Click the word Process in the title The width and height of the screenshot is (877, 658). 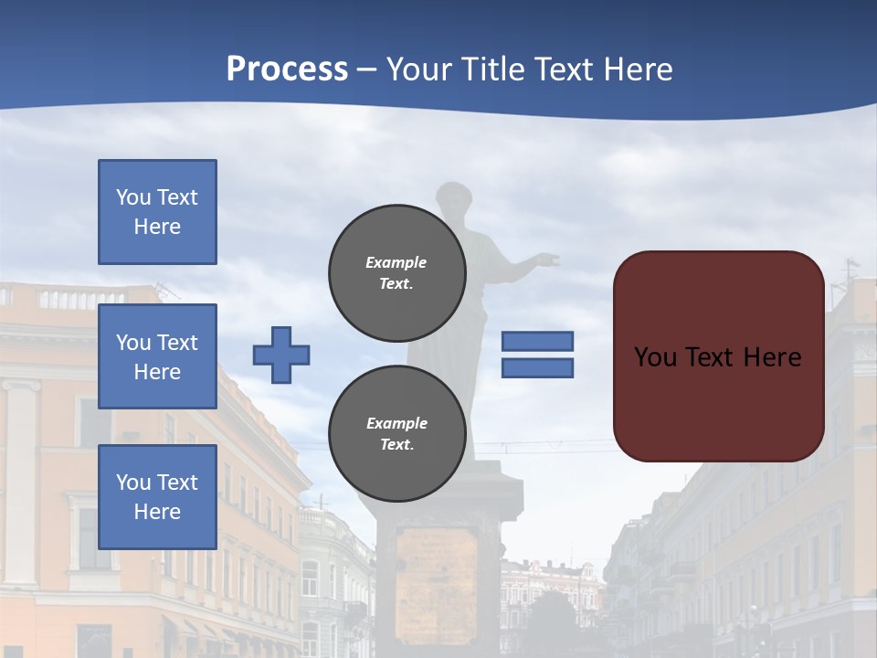pyautogui.click(x=287, y=69)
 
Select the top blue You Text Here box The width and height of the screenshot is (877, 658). pyautogui.click(x=157, y=212)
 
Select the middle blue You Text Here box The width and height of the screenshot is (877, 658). pyautogui.click(x=157, y=356)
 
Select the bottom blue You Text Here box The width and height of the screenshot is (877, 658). pyautogui.click(x=157, y=496)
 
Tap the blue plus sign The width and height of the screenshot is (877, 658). pyautogui.click(x=281, y=355)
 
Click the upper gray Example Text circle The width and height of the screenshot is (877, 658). pyautogui.click(x=396, y=272)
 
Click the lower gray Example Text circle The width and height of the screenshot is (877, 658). pyautogui.click(x=396, y=433)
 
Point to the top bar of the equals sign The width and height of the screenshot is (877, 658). pyautogui.click(x=537, y=341)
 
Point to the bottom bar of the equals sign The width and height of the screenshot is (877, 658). pyautogui.click(x=537, y=368)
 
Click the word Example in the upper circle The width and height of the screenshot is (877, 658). pyautogui.click(x=396, y=262)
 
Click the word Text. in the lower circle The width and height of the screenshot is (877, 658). pyautogui.click(x=396, y=444)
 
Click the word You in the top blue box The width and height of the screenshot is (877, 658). pyautogui.click(x=132, y=197)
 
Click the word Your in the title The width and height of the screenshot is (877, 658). pyautogui.click(x=419, y=69)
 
